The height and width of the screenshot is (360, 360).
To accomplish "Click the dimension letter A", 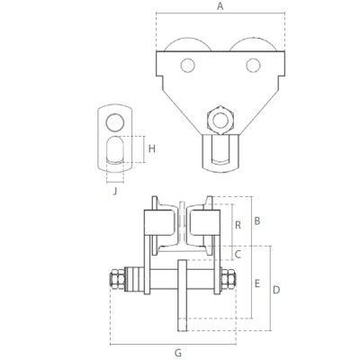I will (x=220, y=6).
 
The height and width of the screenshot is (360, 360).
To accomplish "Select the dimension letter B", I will (x=256, y=220).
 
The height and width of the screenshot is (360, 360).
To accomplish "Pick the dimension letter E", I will (x=256, y=283).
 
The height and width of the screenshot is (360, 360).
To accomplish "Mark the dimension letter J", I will (x=115, y=189).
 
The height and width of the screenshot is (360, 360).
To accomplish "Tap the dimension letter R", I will (x=236, y=225).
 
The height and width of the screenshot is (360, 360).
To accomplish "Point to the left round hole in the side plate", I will (x=187, y=65).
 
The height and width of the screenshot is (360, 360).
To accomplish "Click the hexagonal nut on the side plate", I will (x=220, y=118).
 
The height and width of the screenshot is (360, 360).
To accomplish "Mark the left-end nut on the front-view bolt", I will (x=116, y=280).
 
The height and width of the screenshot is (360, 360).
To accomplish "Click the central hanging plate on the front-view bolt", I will (x=181, y=291).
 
